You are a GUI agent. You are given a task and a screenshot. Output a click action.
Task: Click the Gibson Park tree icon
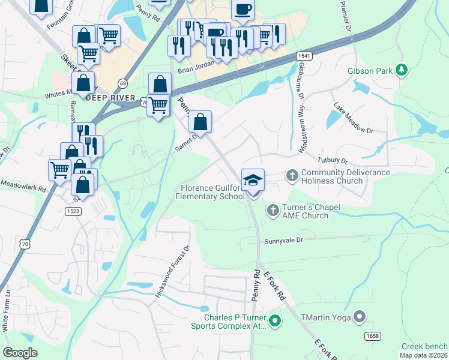(x=402, y=71)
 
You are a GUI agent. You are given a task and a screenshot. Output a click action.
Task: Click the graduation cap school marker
(x=253, y=180)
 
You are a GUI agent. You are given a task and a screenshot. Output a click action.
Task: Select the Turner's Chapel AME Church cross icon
(x=273, y=210)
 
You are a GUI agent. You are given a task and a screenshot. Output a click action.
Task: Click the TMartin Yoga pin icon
(x=360, y=316)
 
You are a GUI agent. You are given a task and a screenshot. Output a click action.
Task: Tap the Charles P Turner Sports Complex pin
(x=275, y=322)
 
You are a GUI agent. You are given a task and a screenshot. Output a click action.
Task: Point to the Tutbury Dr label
(x=332, y=161)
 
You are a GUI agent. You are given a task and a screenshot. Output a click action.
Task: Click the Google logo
(x=20, y=352)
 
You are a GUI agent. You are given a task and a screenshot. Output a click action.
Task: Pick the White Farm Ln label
(x=7, y=310)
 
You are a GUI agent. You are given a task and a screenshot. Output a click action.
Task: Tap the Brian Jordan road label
(x=196, y=70)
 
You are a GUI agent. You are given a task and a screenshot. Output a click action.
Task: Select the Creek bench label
(x=424, y=346)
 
